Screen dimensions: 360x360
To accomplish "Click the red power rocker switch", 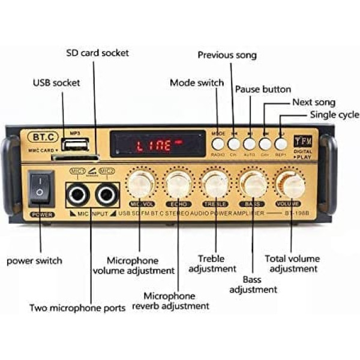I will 40,188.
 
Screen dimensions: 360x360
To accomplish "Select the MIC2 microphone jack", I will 106,194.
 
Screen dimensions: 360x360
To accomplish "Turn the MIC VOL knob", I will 140,183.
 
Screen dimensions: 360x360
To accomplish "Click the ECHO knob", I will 178,183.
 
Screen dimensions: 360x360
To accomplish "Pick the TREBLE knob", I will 215,183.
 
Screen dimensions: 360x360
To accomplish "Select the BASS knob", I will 253,183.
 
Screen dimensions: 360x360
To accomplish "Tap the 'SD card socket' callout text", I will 97,53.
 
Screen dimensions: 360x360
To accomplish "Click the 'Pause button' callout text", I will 263,89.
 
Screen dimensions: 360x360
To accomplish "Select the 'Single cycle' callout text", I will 334,115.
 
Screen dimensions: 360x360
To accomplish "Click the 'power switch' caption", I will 34,261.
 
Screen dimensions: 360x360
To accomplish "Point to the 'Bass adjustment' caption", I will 253,284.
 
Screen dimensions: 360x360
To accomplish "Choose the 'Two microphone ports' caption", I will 77,308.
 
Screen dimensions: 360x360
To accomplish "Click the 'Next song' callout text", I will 314,103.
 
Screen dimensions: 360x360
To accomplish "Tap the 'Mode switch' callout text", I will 197,83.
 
